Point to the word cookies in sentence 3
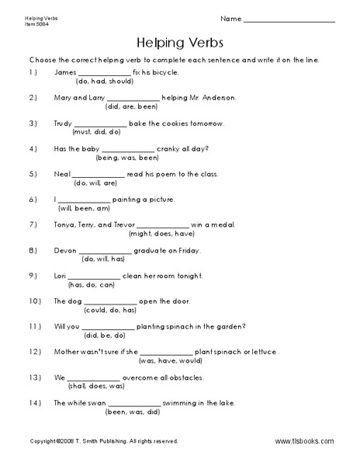(174, 123)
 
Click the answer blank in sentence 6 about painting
(86, 200)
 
